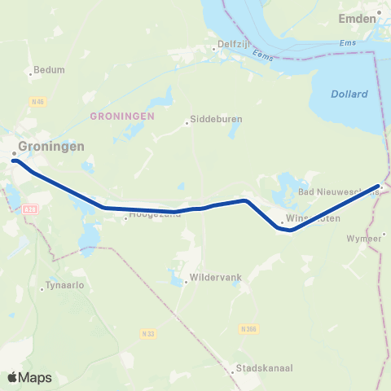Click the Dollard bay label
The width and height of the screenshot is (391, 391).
pyautogui.click(x=349, y=94)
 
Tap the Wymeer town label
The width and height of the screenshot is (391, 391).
pyautogui.click(x=364, y=238)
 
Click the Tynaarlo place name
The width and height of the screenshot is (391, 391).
pyautogui.click(x=66, y=285)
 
